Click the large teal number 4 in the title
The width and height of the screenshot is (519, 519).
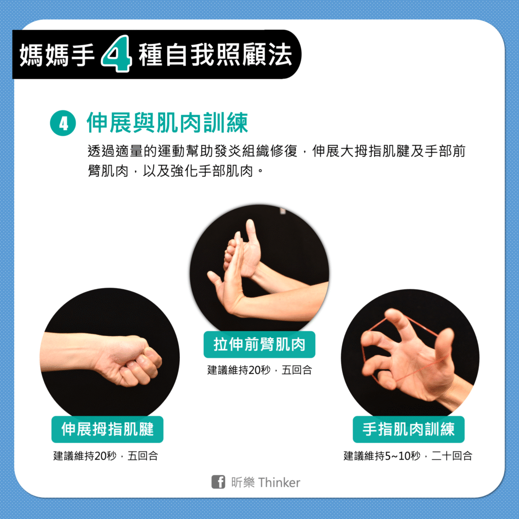tap(117, 54)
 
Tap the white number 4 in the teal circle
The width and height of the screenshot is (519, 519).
tap(63, 124)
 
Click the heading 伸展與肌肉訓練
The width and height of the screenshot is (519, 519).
tap(167, 123)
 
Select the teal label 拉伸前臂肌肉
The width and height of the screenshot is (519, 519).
tap(259, 344)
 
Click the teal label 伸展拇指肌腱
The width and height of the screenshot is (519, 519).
tap(107, 429)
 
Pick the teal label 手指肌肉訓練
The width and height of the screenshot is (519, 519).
tap(409, 429)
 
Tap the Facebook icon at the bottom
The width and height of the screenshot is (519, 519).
tap(218, 482)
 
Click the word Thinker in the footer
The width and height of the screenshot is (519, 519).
tap(279, 483)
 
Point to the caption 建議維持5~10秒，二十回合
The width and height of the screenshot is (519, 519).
tap(408, 456)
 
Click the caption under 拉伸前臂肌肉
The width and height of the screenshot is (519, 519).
tap(259, 369)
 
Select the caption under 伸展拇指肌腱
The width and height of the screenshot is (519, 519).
tap(105, 456)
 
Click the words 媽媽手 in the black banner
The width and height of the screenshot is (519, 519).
tap(57, 55)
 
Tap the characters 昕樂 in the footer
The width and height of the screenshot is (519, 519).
tap(243, 483)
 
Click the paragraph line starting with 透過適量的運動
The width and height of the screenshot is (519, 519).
tap(276, 151)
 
